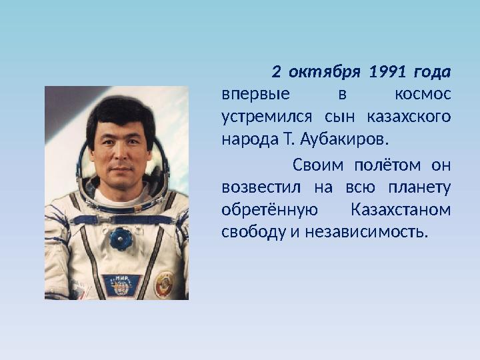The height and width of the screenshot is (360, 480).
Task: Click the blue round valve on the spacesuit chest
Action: click(x=120, y=238)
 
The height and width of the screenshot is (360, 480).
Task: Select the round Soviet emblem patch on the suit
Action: click(x=164, y=283)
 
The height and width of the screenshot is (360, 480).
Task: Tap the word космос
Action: click(x=422, y=94)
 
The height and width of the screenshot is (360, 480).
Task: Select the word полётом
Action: click(x=388, y=164)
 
